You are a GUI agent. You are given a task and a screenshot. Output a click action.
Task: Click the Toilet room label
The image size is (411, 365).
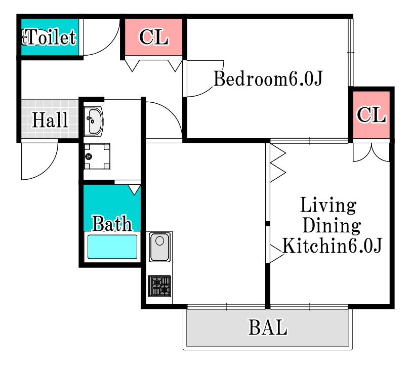point(51,37)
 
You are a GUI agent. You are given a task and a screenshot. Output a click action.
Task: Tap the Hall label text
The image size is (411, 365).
point(50,120)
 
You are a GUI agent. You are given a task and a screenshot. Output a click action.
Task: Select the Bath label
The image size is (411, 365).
point(112,223)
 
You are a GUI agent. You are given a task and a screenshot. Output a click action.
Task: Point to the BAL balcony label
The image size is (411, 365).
point(268,328)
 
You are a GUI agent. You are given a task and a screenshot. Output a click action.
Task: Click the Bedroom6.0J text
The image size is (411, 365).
point(268,79)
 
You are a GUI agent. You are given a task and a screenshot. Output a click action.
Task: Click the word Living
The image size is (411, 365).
point(328,206)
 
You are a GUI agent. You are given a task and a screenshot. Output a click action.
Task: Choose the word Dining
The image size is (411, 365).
point(331,225)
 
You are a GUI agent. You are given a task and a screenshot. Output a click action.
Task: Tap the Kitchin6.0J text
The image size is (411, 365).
point(332,246)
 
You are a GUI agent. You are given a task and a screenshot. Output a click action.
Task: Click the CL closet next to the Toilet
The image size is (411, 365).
point(153,37)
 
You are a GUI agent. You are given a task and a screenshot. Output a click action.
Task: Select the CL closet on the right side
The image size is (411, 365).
point(372,115)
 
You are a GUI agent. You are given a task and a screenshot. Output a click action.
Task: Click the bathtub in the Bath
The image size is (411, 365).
point(112,247)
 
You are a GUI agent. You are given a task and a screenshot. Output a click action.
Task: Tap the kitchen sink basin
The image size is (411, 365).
point(160,247)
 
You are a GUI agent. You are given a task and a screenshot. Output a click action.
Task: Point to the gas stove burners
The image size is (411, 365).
point(160,286)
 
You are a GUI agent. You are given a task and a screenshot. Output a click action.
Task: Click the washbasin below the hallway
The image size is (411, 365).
point(94,120)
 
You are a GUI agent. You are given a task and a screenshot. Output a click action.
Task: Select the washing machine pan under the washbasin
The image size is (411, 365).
point(97,156)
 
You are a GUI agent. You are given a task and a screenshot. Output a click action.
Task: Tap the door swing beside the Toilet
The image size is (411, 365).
point(101,38)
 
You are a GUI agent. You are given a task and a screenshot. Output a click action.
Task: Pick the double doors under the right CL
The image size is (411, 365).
point(372,152)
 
